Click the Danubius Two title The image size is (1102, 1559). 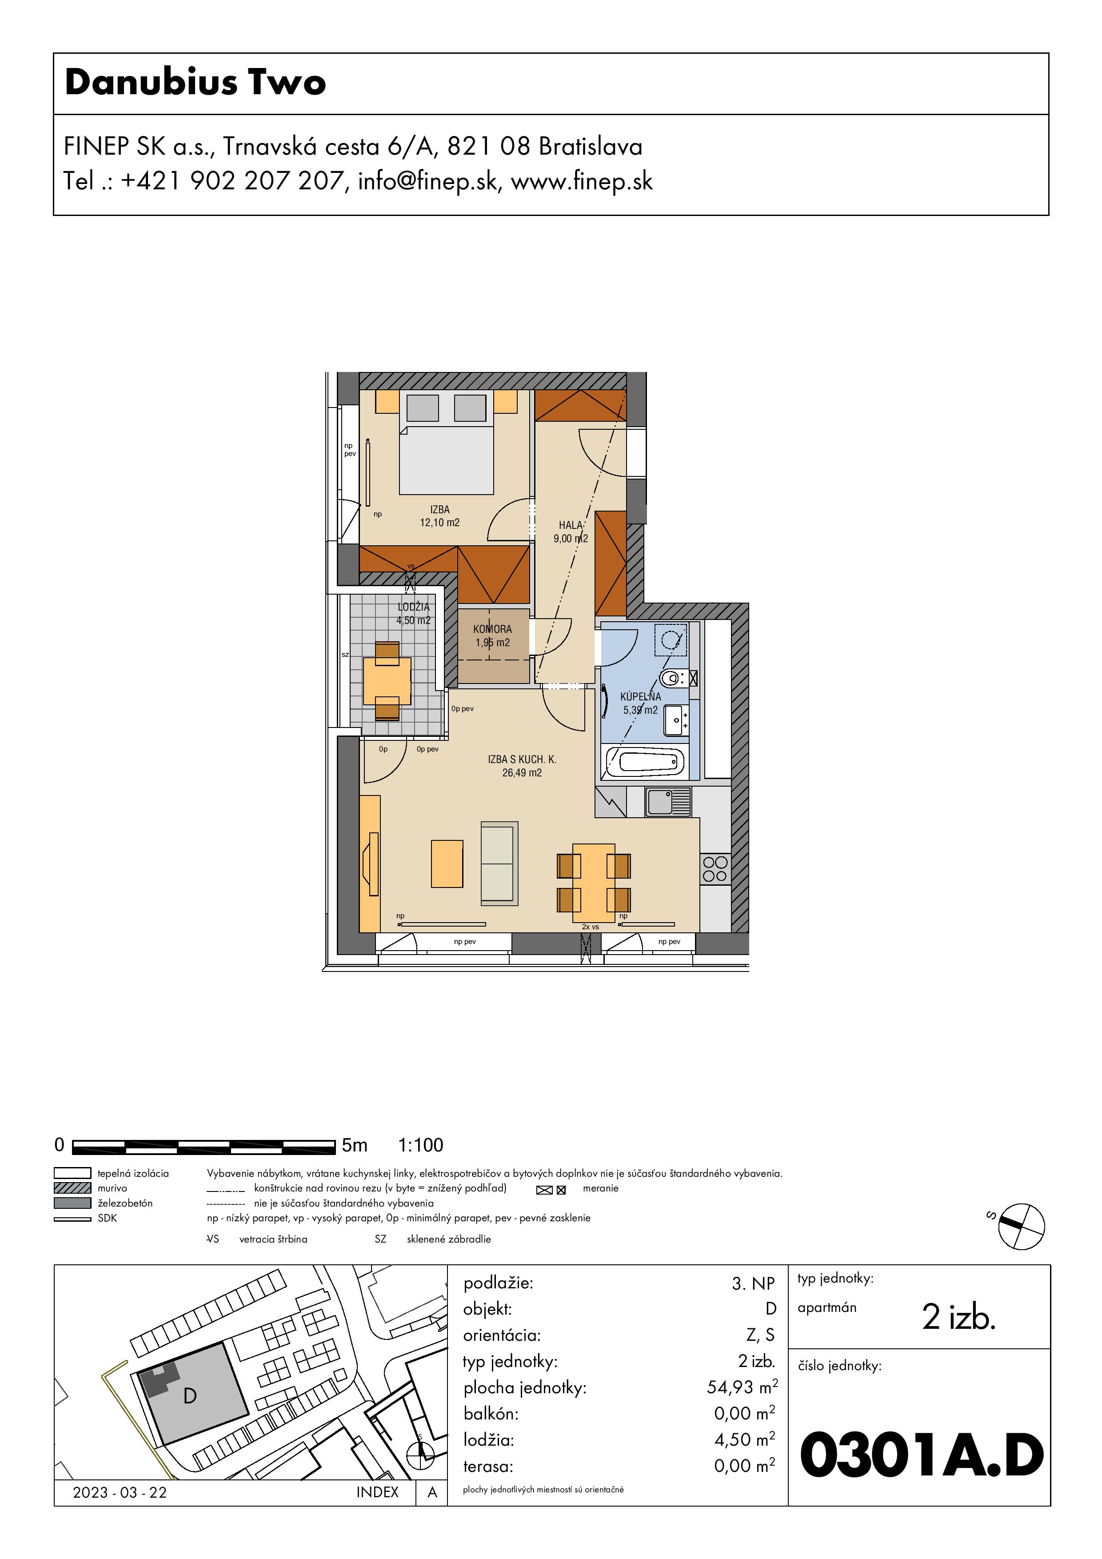(196, 82)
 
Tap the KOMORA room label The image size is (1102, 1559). (492, 629)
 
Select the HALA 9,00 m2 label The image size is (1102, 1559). (571, 532)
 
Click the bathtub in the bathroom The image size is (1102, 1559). (644, 762)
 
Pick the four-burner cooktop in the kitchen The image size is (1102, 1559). (715, 869)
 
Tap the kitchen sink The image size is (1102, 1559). (667, 802)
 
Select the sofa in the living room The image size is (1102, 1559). (499, 863)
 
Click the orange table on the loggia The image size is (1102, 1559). (387, 680)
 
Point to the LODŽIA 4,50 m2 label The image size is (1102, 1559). (414, 613)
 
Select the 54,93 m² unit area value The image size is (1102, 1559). (742, 1387)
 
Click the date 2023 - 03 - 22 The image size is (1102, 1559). (120, 1492)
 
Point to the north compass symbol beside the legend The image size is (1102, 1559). (1021, 1226)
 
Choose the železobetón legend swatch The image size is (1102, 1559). (72, 1203)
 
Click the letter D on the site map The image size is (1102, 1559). (190, 1396)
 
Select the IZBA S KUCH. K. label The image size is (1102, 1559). (522, 760)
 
